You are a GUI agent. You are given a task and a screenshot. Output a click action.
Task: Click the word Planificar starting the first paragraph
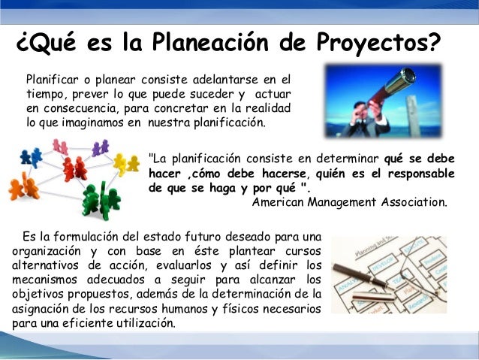[x=52, y=78]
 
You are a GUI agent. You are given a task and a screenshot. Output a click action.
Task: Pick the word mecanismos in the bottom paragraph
[x=44, y=278]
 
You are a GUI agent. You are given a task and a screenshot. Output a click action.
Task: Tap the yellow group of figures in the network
[x=124, y=162]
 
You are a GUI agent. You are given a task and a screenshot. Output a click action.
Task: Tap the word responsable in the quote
[x=420, y=174]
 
